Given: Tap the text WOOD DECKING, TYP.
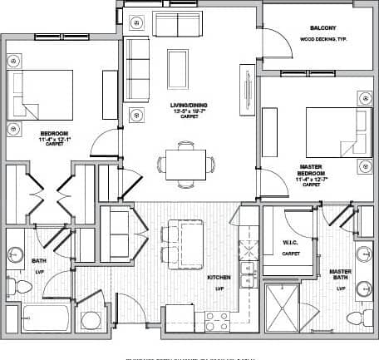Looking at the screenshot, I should click(x=319, y=38).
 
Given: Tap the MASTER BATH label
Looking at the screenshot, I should click(x=341, y=274).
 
